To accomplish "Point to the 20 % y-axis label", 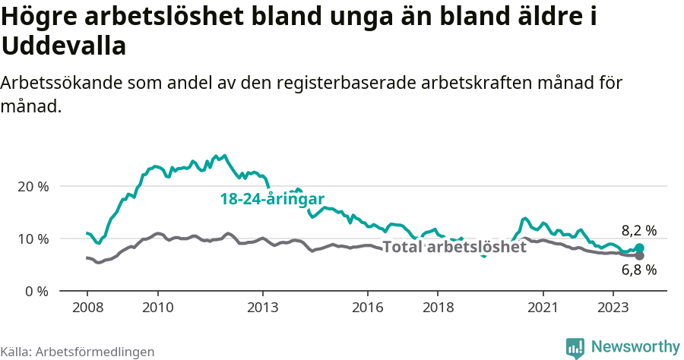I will pos(33,186).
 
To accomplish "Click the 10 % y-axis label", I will pos(33,238).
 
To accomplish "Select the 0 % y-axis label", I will pos(36,291).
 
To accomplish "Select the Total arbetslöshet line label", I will pos(454,247).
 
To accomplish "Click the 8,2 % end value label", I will pos(638,230).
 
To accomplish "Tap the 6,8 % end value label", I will pos(638,269).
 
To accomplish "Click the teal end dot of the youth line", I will pos(639,248).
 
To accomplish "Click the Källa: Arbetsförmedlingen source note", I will pos(78,352).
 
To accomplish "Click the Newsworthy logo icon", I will pos(575,348).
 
